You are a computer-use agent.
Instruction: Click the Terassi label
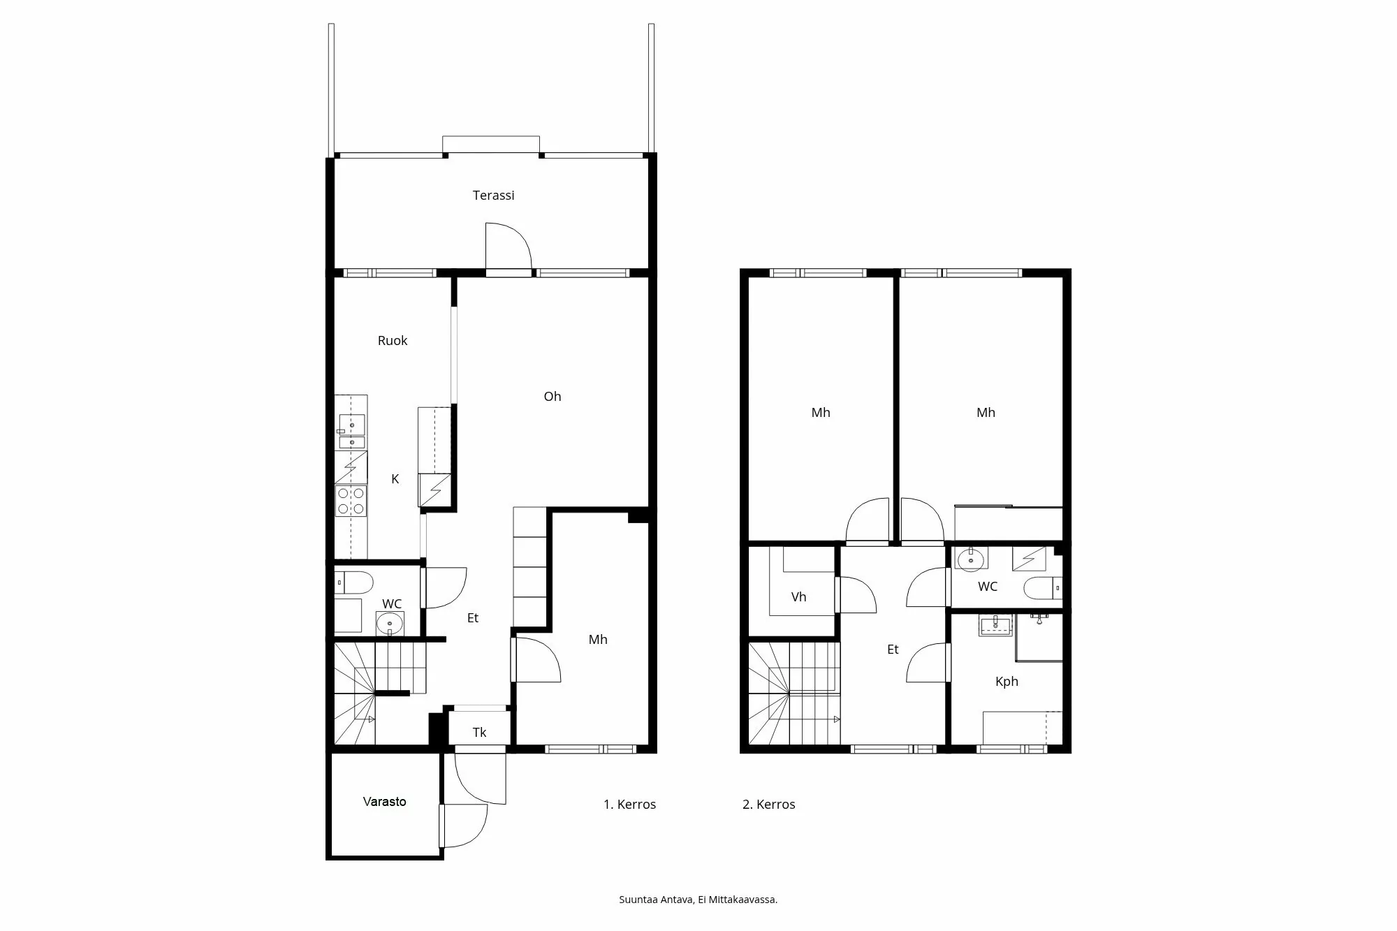[x=493, y=196]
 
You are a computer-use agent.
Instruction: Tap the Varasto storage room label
[x=384, y=802]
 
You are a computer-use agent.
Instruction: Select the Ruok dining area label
[x=392, y=341]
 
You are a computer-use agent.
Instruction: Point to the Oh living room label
[x=552, y=397]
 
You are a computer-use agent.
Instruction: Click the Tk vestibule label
[x=479, y=733]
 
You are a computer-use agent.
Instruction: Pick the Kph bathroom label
[x=1007, y=682]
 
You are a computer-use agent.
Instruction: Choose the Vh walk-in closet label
[x=798, y=597]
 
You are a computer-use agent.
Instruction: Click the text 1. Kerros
[x=629, y=805]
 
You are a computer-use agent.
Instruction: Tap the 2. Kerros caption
[x=768, y=805]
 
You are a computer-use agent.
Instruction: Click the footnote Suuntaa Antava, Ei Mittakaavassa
[x=698, y=900]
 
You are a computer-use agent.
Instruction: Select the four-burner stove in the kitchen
[x=351, y=501]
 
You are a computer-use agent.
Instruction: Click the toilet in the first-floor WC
[x=356, y=582]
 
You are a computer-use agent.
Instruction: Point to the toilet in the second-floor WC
[x=1041, y=589]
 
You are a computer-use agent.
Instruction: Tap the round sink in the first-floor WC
[x=389, y=623]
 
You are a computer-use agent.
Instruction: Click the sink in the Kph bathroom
[x=995, y=625]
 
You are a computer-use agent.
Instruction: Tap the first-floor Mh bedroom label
[x=597, y=640]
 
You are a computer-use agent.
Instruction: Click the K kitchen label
[x=395, y=479]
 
